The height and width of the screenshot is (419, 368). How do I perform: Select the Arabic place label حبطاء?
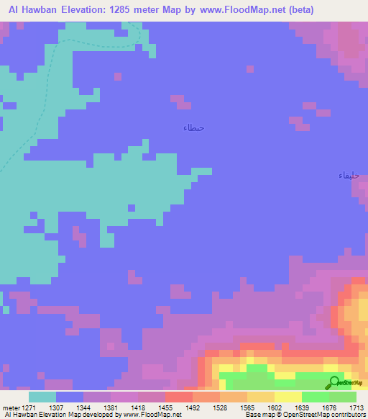coord(193,128)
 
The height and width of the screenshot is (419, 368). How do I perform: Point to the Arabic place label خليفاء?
coord(349,176)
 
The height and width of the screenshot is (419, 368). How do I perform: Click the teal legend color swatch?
coord(42,397)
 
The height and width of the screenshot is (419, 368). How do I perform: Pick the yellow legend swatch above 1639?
coord(288,397)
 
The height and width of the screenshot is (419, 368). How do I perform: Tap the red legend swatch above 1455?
coord(179,397)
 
